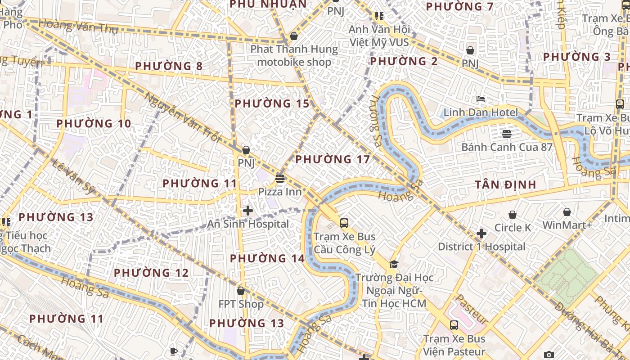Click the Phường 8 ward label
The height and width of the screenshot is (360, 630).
point(169,66)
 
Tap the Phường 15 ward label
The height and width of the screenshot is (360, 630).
point(272,103)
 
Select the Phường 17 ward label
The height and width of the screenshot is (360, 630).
point(333,159)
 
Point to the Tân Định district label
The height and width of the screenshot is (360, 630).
point(506,184)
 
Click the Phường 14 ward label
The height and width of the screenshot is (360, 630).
point(267,258)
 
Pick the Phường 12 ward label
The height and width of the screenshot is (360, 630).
point(151,273)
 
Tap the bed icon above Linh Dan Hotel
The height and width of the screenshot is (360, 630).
point(481,99)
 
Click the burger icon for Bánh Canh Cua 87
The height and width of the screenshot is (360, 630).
point(507,134)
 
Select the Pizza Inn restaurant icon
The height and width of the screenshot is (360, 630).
point(280,179)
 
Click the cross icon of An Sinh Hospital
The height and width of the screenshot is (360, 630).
point(248,210)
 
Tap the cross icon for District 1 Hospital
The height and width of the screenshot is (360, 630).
point(481,233)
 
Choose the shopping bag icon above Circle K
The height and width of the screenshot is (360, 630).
point(513,215)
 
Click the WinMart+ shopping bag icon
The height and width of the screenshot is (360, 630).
point(567,211)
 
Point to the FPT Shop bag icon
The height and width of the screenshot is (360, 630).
point(241,291)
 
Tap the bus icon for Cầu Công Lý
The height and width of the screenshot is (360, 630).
point(344,223)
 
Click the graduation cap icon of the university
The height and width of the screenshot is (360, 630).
point(394,264)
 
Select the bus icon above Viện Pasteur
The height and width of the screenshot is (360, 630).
point(454,325)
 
